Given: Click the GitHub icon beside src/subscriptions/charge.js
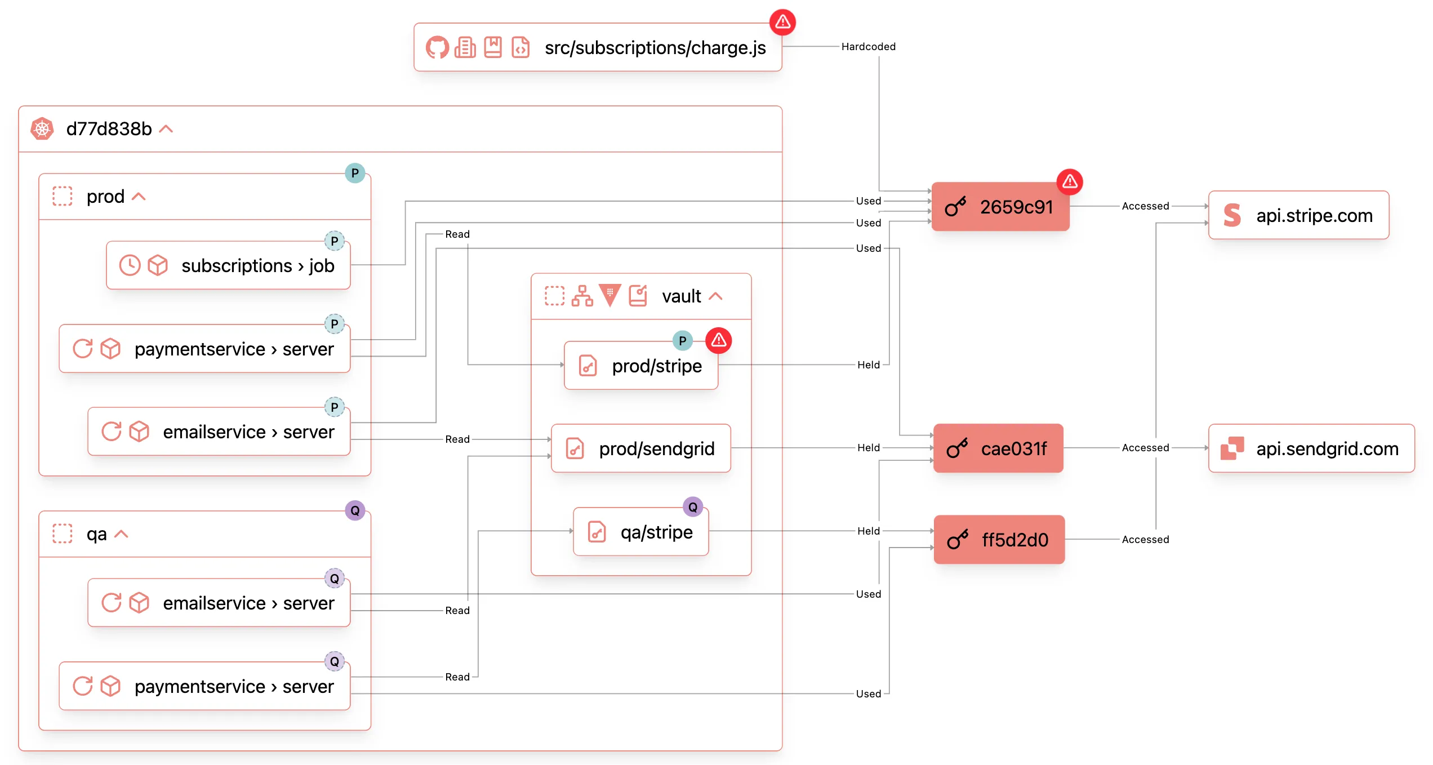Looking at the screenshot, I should click(x=437, y=48).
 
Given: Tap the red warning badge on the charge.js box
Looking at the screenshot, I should click(x=782, y=22).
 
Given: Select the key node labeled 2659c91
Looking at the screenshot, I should click(x=1000, y=207).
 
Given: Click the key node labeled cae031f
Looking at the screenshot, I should click(x=998, y=448).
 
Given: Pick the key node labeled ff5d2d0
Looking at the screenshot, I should click(x=999, y=540).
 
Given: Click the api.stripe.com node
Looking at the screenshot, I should click(x=1298, y=215).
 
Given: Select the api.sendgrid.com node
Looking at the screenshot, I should click(x=1311, y=448).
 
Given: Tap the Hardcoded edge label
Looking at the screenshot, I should click(x=868, y=47).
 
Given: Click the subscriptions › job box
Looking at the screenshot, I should click(x=228, y=265).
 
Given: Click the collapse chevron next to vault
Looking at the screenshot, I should click(x=715, y=296).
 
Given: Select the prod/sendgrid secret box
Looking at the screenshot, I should click(x=640, y=448).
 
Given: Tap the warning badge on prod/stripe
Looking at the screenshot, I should click(x=718, y=340).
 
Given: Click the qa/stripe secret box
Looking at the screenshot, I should click(x=640, y=532).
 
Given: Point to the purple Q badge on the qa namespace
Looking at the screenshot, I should click(x=355, y=511).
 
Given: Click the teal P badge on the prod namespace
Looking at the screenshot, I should click(x=355, y=173).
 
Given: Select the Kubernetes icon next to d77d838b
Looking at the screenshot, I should click(x=42, y=129).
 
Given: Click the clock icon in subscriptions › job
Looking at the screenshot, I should click(x=130, y=265).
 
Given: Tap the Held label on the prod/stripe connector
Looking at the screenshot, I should click(x=868, y=365).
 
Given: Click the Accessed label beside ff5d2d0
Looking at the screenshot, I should click(x=1145, y=540).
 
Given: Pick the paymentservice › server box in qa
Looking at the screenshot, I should click(x=204, y=686).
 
